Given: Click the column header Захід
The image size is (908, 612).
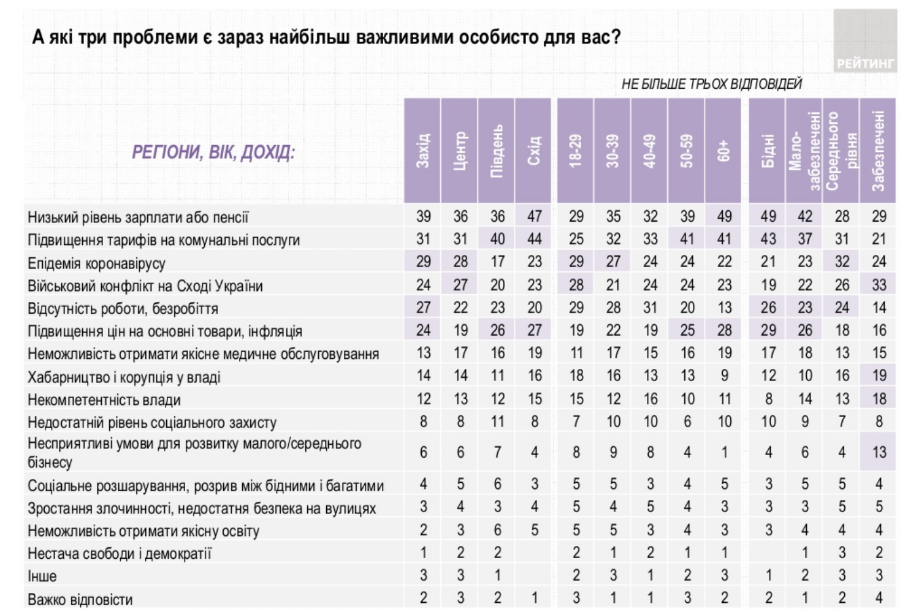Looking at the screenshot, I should click(x=422, y=151).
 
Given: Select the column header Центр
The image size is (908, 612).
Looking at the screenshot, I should click(x=460, y=151).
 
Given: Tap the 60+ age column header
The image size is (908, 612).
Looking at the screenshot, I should click(x=724, y=151).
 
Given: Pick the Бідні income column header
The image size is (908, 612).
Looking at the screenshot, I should click(x=768, y=151).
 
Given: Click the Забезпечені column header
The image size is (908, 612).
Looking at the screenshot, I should click(x=878, y=151).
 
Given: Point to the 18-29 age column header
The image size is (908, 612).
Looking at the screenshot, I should click(x=576, y=151).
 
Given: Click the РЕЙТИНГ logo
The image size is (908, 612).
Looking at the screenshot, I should click(x=865, y=63).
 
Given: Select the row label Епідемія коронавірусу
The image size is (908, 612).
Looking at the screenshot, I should click(x=96, y=263).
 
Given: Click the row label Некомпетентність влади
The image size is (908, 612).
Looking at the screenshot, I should click(x=104, y=400).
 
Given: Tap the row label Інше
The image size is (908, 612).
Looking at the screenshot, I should click(x=42, y=576).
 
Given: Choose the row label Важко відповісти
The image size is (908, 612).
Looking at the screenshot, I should click(x=80, y=599).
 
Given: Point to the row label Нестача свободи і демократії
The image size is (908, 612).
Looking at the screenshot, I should click(x=120, y=554).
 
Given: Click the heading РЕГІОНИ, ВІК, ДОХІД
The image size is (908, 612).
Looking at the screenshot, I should click(x=213, y=151).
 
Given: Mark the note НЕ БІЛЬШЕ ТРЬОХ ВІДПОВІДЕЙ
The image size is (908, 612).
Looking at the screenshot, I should click(x=711, y=84).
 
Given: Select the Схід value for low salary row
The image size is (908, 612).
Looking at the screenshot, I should click(x=535, y=216).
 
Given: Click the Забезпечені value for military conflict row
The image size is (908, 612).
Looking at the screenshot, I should click(x=879, y=285).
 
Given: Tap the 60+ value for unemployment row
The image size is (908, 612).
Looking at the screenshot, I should click(x=725, y=308).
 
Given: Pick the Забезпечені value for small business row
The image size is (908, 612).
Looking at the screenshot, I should click(x=879, y=452).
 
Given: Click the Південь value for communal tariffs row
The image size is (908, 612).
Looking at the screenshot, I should click(x=497, y=239).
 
